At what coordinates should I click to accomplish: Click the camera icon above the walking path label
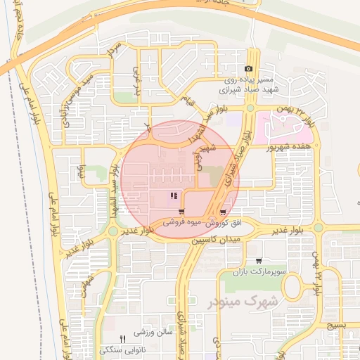(x=247, y=69)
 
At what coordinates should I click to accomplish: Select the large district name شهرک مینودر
(x=244, y=301)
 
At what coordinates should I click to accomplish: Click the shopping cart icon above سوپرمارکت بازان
(x=259, y=261)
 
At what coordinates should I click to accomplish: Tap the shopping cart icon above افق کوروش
(x=223, y=212)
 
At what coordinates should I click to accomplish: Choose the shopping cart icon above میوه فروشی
(x=181, y=212)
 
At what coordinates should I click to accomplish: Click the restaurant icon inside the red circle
(x=174, y=196)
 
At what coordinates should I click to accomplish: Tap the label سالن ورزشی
(x=149, y=331)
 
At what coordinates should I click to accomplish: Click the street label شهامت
(x=86, y=285)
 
